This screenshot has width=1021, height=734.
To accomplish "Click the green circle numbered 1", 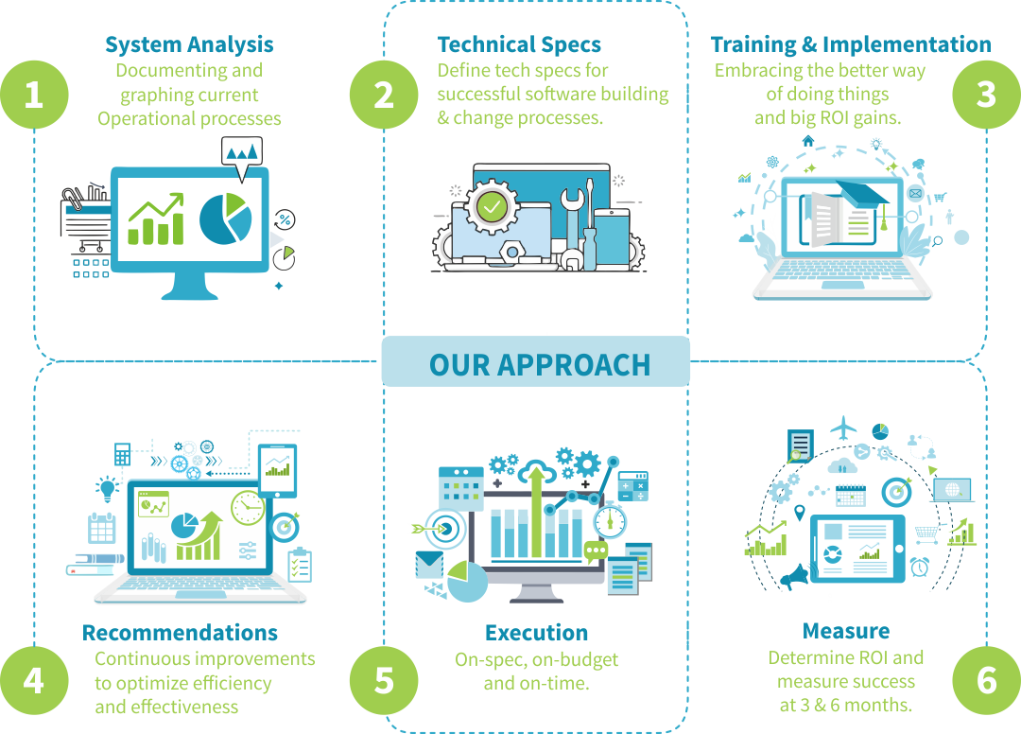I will pyautogui.click(x=34, y=95).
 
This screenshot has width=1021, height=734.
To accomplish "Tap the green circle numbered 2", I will pyautogui.click(x=384, y=95).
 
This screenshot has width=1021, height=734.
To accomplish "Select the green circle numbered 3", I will pyautogui.click(x=986, y=95).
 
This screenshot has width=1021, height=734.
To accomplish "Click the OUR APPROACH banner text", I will pyautogui.click(x=539, y=364).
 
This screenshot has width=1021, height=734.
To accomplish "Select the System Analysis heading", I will pyautogui.click(x=189, y=44).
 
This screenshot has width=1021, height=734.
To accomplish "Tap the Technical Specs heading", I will pyautogui.click(x=519, y=44).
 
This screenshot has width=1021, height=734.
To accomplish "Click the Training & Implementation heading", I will pyautogui.click(x=851, y=44).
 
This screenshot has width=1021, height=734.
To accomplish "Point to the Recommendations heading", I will pyautogui.click(x=180, y=633).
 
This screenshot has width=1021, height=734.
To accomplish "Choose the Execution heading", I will pyautogui.click(x=536, y=633).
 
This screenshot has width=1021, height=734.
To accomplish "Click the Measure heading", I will pyautogui.click(x=845, y=631).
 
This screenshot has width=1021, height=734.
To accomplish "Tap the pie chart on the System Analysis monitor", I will pyautogui.click(x=225, y=217).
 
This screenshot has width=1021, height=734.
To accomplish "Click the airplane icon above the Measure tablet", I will pyautogui.click(x=841, y=428).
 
